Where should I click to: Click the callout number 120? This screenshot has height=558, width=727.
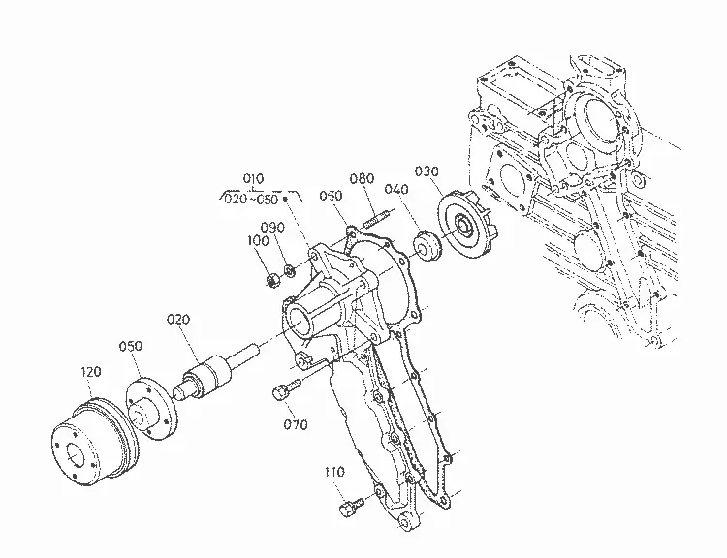click(91, 372)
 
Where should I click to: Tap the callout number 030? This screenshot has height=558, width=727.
click(427, 171)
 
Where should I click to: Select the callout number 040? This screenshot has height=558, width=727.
click(396, 189)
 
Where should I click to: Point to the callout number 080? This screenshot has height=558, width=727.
click(362, 178)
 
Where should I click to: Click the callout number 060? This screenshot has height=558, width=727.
click(331, 196)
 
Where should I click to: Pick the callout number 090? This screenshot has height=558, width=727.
click(272, 228)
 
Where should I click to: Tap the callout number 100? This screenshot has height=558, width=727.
click(258, 241)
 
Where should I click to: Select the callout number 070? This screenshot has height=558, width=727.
click(296, 424)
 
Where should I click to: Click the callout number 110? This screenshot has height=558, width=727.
click(334, 472)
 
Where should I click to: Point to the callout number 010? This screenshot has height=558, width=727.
click(253, 178)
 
